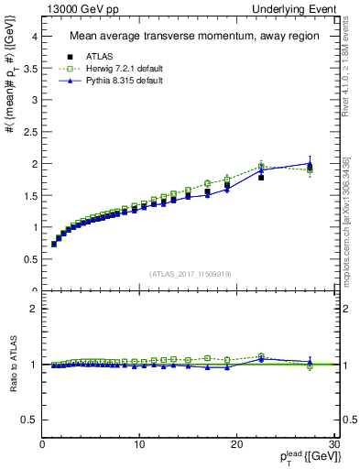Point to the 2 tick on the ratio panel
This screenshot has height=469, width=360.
point(34,309)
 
